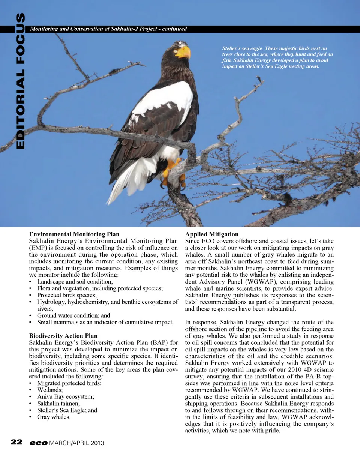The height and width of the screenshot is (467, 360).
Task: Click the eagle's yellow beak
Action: pyautogui.click(x=183, y=51)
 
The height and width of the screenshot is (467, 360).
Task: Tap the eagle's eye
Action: pyautogui.click(x=175, y=48)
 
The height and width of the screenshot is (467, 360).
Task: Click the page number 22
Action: pyautogui.click(x=16, y=442)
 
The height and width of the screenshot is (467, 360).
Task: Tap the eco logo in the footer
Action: pyautogui.click(x=39, y=443)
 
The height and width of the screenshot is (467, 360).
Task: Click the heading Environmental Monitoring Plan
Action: pyautogui.click(x=74, y=234)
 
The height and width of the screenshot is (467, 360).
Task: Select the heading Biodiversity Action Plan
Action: pyautogui.click(x=63, y=336)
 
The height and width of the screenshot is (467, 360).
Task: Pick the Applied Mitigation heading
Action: pyautogui.click(x=211, y=234)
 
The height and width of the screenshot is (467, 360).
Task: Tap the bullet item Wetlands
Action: pyautogui.click(x=50, y=390)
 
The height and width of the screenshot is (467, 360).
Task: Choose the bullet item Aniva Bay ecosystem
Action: pyautogui.click(x=66, y=397)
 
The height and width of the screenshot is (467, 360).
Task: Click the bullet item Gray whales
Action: pyautogui.click(x=54, y=417)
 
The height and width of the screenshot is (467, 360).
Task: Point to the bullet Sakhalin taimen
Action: pyautogui.click(x=58, y=404)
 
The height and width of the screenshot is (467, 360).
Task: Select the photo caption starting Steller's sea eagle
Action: pyautogui.click(x=277, y=57)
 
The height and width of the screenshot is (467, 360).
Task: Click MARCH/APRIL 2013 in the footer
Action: pyautogui.click(x=76, y=443)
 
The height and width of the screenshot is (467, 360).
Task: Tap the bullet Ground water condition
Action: pyautogui.click(x=73, y=315)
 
